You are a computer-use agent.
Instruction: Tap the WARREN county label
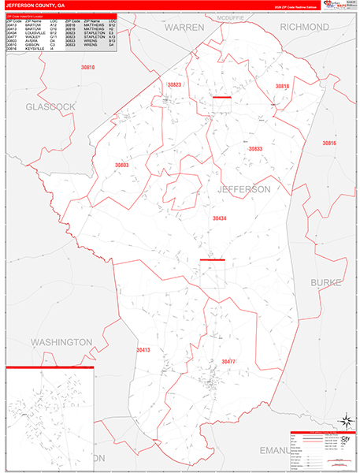coord(184,28)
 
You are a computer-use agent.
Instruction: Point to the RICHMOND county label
coord(304,27)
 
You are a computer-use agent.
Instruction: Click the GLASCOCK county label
coord(50,106)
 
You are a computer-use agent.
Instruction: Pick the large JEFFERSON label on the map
coord(243,190)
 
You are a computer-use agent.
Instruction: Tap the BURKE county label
coord(325,281)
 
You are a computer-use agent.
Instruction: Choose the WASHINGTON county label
coord(61,342)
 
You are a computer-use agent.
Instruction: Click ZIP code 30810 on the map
coord(87,68)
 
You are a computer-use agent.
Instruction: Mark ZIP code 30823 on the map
coord(174,84)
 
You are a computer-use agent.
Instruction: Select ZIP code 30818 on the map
coord(282,86)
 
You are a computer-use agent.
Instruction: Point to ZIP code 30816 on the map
coord(328,143)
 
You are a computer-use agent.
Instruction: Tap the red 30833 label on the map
coord(255,148)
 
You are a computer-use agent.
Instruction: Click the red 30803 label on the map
coord(121,166)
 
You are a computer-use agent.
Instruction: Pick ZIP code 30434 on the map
coord(220,218)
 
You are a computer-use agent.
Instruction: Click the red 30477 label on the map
coord(228,361)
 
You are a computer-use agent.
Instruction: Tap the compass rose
coord(343,420)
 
